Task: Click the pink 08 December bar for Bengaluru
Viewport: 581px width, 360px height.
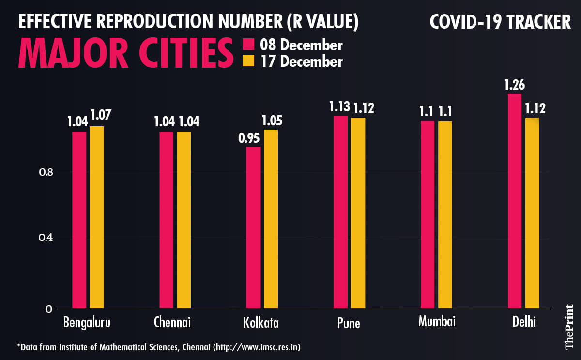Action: pos(79,220)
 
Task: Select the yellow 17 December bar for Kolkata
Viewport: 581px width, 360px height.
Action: pos(271,219)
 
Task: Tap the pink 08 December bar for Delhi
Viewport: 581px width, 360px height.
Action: pos(515,201)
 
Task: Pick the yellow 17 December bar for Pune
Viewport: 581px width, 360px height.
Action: pos(358,213)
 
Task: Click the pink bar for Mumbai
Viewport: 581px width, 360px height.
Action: pos(428,214)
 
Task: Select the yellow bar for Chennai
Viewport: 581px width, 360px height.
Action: pos(184,220)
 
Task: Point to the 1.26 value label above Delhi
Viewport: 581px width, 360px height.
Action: pos(514,86)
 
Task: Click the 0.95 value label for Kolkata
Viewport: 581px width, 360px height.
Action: pos(249,138)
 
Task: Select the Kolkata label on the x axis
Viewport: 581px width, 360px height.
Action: pos(262,323)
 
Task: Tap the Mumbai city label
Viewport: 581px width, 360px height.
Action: pos(437,322)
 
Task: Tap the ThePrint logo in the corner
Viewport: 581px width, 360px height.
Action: pos(569,327)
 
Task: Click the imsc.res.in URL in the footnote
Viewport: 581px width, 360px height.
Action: pos(261,347)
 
